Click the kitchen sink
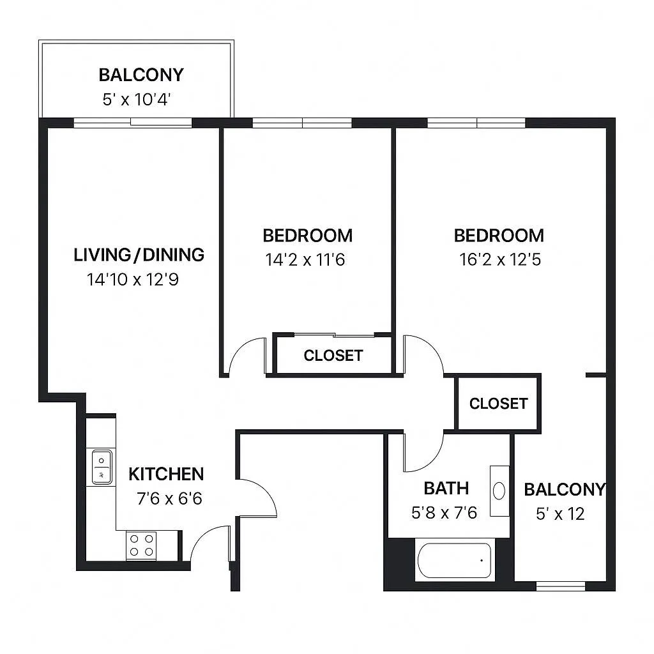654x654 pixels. pyautogui.click(x=102, y=468)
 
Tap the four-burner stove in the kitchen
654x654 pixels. pyautogui.click(x=141, y=545)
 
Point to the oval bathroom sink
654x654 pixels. pyautogui.click(x=499, y=490)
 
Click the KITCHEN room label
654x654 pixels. pyautogui.click(x=166, y=474)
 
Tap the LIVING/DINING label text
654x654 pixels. pyautogui.click(x=139, y=255)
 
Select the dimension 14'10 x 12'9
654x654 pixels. pyautogui.click(x=132, y=279)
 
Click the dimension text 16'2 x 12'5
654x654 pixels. pyautogui.click(x=499, y=259)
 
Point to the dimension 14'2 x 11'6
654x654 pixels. pyautogui.click(x=305, y=259)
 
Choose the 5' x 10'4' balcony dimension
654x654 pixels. pyautogui.click(x=139, y=100)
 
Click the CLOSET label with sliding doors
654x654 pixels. pyautogui.click(x=333, y=355)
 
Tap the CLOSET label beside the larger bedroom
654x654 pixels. pyautogui.click(x=498, y=404)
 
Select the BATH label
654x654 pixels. pyautogui.click(x=446, y=489)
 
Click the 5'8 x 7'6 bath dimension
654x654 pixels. pyautogui.click(x=445, y=513)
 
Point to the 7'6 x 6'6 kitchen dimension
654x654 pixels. pyautogui.click(x=169, y=498)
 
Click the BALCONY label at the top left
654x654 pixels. pyautogui.click(x=141, y=75)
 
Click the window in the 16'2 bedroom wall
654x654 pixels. pyautogui.click(x=476, y=123)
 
